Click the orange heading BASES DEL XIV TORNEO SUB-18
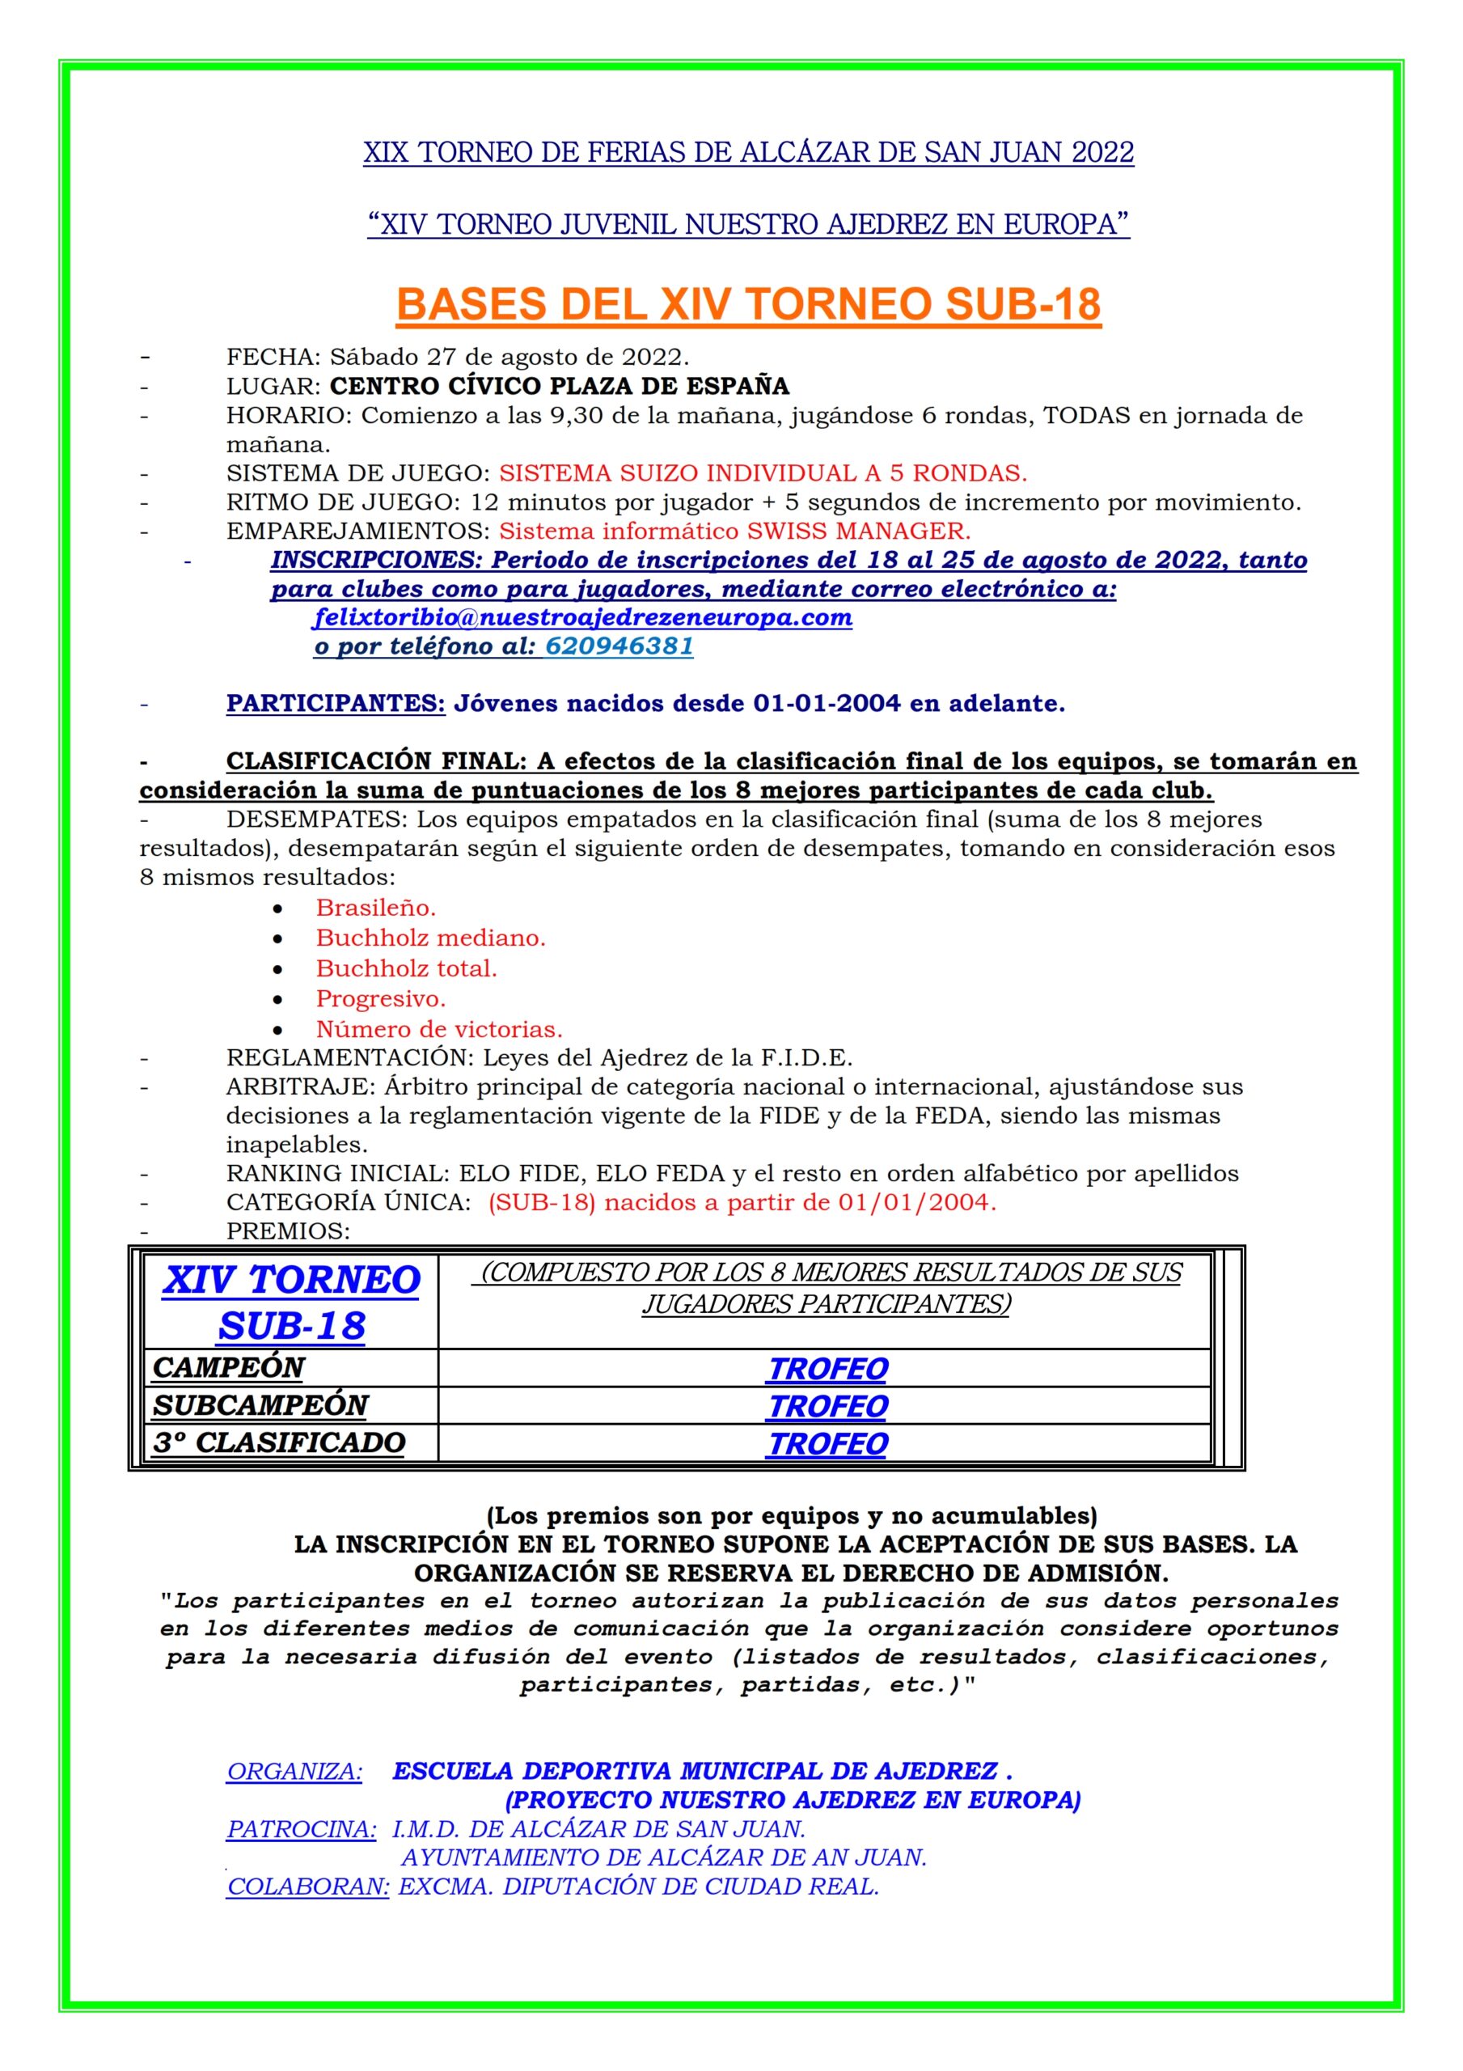[748, 305]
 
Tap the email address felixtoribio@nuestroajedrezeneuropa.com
[582, 618]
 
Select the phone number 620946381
[619, 646]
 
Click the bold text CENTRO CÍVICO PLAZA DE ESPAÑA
[559, 386]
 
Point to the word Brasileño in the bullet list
[375, 908]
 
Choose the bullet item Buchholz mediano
[430, 938]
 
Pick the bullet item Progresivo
[381, 998]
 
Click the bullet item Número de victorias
[438, 1029]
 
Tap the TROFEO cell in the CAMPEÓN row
[827, 1370]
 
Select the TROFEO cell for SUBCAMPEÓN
[827, 1406]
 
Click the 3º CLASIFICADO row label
[279, 1442]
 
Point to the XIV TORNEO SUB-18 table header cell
[291, 1302]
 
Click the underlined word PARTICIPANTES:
[336, 704]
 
